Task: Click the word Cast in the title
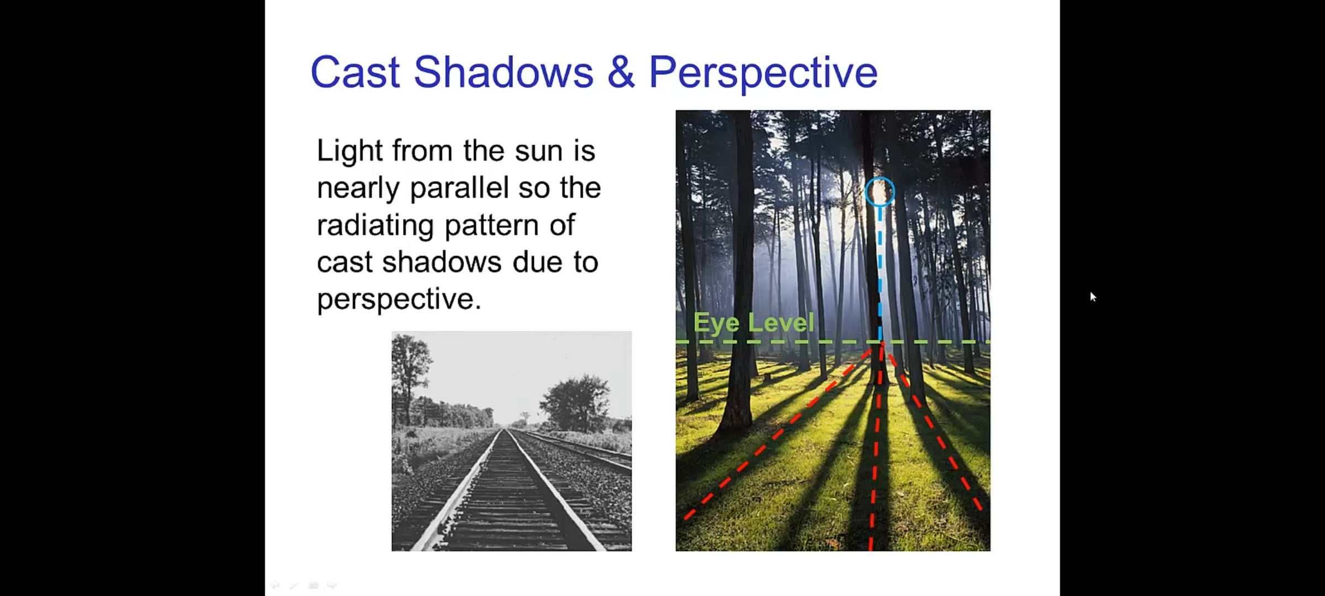355,72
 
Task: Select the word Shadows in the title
504,72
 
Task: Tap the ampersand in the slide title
621,72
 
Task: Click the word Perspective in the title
763,73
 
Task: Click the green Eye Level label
754,322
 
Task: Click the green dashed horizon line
833,342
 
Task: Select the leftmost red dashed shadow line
783,431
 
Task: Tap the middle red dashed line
876,447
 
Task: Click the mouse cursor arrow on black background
1093,297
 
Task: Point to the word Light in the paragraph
350,151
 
